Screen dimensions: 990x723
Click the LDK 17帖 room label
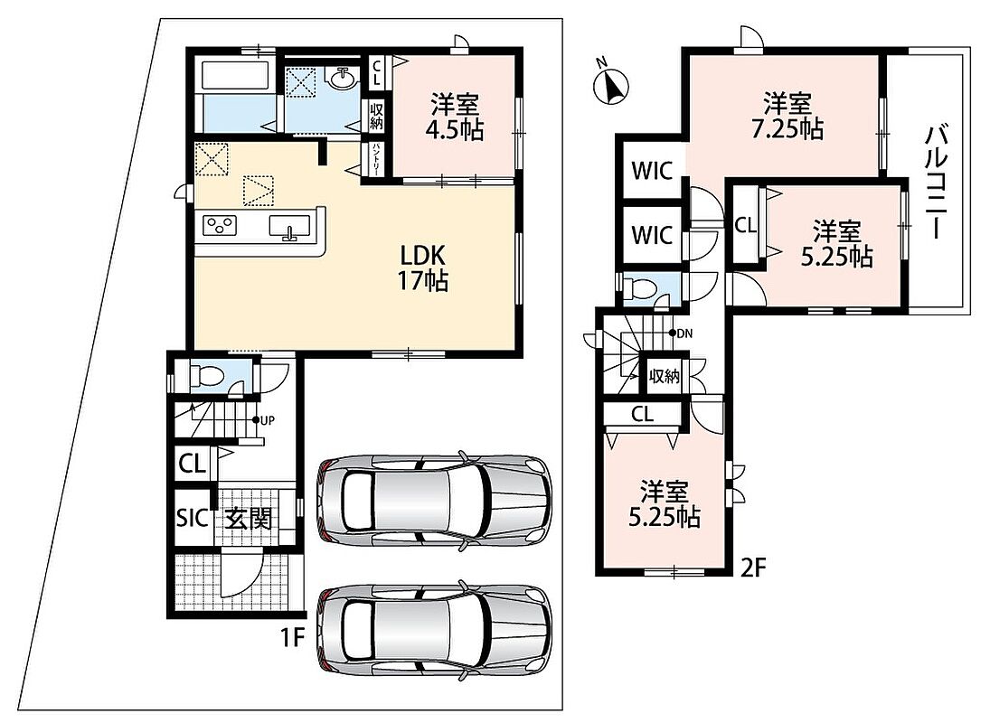423,268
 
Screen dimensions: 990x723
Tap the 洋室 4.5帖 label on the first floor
455,117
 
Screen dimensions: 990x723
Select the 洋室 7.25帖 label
787,116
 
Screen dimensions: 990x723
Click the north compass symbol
611,85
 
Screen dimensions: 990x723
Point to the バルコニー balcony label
936,183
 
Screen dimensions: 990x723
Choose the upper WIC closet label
652,170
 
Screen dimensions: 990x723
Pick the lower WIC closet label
652,235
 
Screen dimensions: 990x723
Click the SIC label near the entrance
192,518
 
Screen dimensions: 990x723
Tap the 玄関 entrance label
250,519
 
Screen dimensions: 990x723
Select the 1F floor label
293,638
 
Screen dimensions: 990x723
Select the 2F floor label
752,568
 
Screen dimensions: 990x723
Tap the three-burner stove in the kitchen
219,226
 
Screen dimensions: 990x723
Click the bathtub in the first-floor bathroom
235,74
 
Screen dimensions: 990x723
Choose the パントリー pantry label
376,160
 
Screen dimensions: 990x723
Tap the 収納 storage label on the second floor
665,377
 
